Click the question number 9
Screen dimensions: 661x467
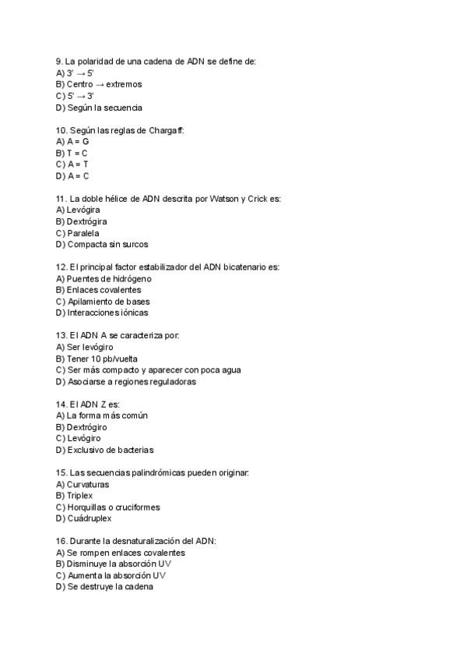(59, 61)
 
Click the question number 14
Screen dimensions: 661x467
(61, 405)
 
